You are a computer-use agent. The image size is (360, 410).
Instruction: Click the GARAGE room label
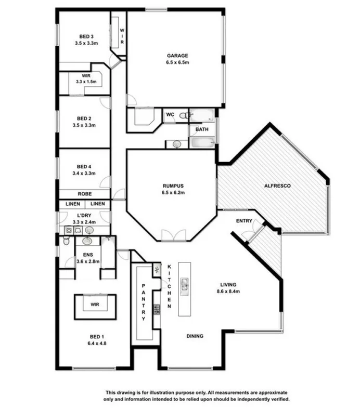pyautogui.click(x=177, y=56)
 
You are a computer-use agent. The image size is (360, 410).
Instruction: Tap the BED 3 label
pyautogui.click(x=86, y=36)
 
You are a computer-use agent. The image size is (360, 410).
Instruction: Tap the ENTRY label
pyautogui.click(x=244, y=221)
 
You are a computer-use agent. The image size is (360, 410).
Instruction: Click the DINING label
pyautogui.click(x=195, y=336)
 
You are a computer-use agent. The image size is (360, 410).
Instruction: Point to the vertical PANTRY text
pyautogui.click(x=144, y=302)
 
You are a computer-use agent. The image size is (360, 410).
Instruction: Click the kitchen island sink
pyautogui.click(x=184, y=284)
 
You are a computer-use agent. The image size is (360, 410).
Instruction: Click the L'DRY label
pyautogui.click(x=84, y=216)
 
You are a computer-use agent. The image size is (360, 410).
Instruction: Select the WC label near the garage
pyautogui.click(x=170, y=114)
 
